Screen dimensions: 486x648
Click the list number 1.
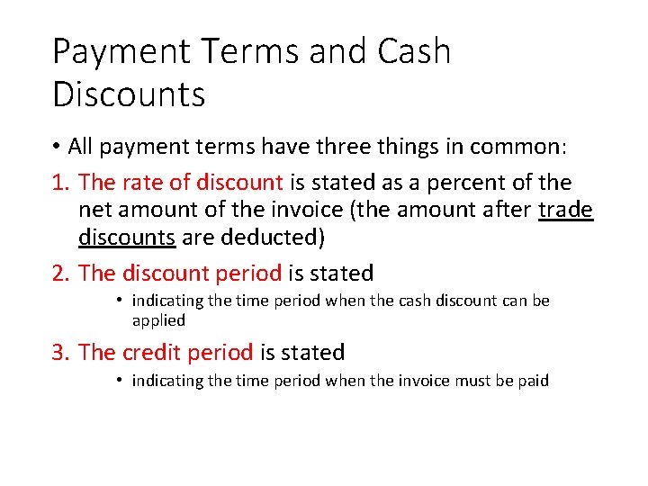(x=61, y=183)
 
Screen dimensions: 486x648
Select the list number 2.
(x=61, y=273)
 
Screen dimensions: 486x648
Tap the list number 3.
(x=61, y=353)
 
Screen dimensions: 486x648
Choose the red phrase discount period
(x=202, y=273)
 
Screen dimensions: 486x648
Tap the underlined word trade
(x=566, y=211)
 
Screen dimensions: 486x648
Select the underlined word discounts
(x=126, y=238)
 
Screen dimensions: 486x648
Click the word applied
(x=158, y=320)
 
